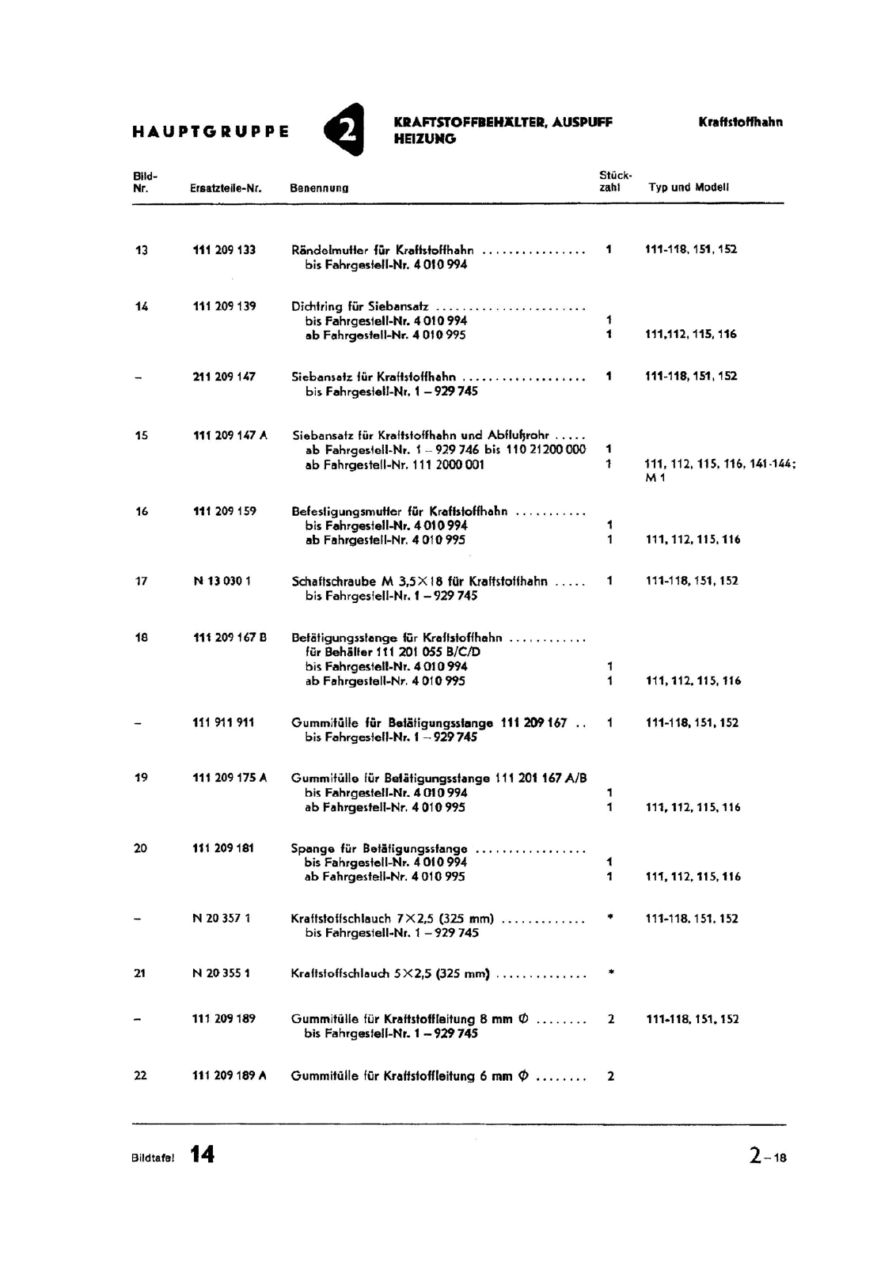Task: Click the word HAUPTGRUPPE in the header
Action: (210, 131)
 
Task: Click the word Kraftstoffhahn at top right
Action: (740, 123)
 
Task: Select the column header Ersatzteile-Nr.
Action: (226, 188)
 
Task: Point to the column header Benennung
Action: (319, 188)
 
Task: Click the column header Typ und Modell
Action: (689, 188)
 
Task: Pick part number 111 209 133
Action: (224, 250)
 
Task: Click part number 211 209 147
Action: (224, 377)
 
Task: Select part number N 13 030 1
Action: (222, 582)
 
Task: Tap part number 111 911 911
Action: (223, 722)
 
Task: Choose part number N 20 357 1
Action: (222, 919)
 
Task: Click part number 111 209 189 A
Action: (229, 1076)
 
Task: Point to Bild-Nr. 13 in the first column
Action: (142, 251)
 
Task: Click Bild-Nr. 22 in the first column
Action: (140, 1076)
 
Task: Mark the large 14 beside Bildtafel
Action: (202, 1155)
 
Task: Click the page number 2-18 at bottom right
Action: (768, 1157)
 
